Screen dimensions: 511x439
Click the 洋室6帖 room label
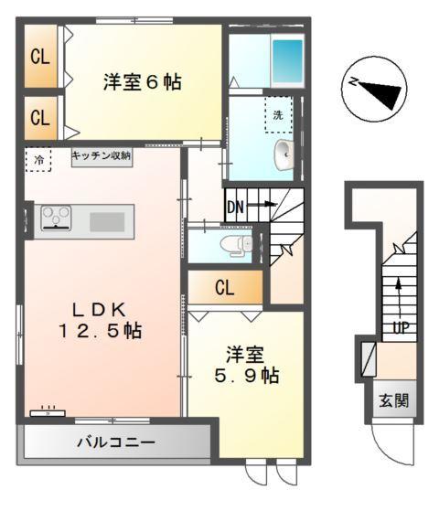[142, 82]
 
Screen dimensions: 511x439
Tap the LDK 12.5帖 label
[101, 317]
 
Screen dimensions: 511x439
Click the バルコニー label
[115, 442]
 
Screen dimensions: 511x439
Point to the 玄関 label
[394, 399]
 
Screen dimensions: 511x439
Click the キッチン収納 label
[102, 156]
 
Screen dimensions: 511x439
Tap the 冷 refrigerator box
[38, 159]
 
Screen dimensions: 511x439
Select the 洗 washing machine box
[276, 114]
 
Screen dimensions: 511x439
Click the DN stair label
[235, 206]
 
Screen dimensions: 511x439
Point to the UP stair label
[400, 326]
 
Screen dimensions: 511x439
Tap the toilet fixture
[235, 243]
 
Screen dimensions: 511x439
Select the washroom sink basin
[284, 154]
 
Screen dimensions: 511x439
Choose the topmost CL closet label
[39, 56]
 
